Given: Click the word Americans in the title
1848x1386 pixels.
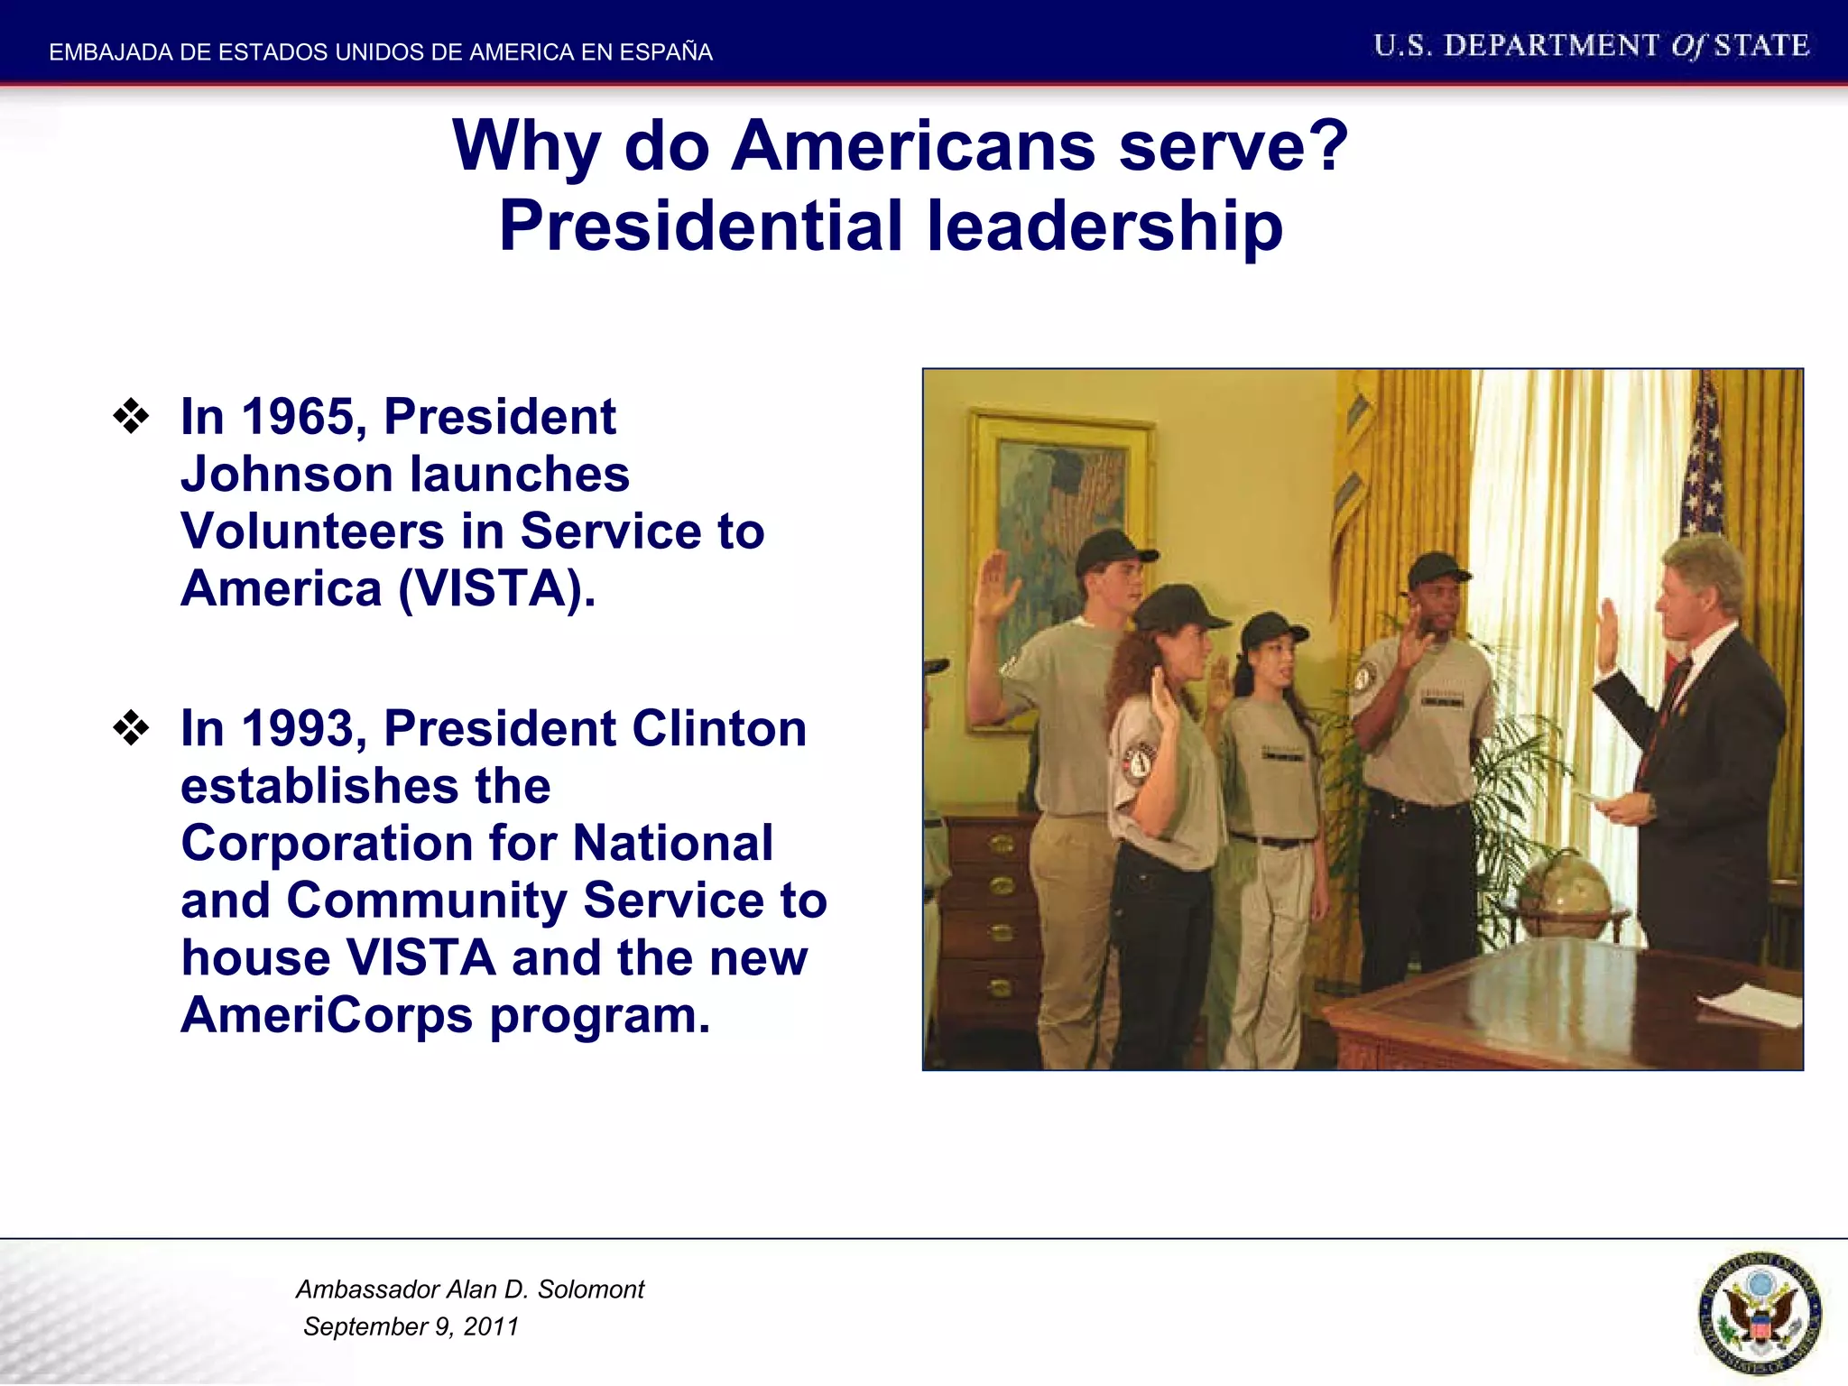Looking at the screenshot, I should pyautogui.click(x=912, y=145).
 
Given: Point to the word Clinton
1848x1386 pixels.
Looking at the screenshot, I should pyautogui.click(x=718, y=728).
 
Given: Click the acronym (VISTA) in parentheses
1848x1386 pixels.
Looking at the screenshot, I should pyautogui.click(x=496, y=588).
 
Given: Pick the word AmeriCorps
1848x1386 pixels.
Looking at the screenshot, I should pyautogui.click(x=326, y=1015).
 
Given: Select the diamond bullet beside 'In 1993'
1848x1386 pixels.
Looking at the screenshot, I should pyautogui.click(x=132, y=728).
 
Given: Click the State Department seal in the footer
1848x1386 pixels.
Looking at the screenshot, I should pyautogui.click(x=1759, y=1312).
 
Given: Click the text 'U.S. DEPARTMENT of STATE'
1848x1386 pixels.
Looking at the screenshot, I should pyautogui.click(x=1591, y=46).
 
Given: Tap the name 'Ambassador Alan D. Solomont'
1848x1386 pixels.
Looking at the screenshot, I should pyautogui.click(x=469, y=1289).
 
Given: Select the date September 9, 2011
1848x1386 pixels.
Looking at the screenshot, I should pyautogui.click(x=411, y=1326).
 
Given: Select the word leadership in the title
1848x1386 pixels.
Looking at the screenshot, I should pyautogui.click(x=1104, y=226).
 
